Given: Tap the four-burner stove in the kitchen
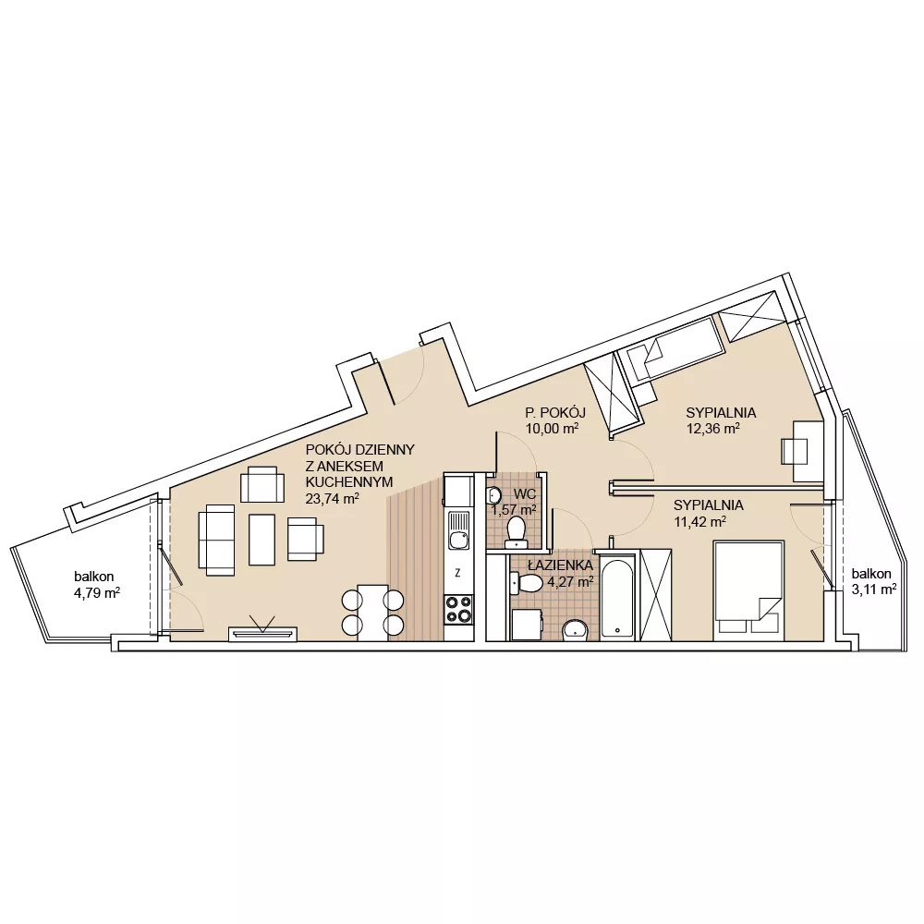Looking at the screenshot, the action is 458,609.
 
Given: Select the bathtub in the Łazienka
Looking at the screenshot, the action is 617,596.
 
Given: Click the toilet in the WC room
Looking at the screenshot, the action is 517,529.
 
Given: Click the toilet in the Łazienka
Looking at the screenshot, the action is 527,583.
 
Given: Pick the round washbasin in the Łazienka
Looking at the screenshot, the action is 575,630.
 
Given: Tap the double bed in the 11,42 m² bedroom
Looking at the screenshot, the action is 748,590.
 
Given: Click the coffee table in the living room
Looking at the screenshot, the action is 261,540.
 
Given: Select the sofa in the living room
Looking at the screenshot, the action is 217,540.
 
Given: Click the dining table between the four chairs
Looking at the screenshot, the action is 373,613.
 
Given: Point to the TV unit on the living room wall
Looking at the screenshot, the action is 262,634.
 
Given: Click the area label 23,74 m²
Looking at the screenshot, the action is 333,499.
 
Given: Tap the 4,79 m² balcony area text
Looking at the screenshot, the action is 97,593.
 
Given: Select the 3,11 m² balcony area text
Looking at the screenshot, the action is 874,589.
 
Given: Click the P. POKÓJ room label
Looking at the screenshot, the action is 555,412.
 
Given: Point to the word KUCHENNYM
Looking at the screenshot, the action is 349,482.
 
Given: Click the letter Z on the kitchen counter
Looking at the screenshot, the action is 458,572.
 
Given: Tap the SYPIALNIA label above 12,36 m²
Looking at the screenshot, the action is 721,412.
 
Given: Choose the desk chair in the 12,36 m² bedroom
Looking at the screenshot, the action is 794,452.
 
